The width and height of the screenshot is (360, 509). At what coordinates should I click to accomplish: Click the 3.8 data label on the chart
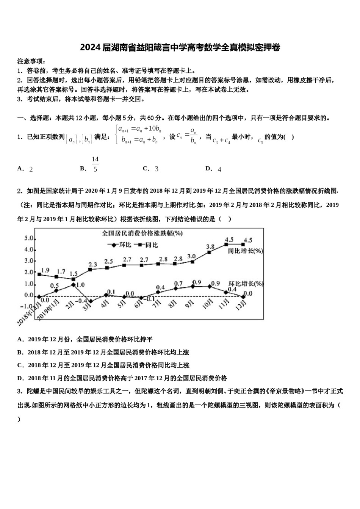[x=210, y=247]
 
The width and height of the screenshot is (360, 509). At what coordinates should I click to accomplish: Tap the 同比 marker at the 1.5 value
[x=73, y=279]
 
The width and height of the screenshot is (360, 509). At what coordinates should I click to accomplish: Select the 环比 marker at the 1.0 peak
[x=73, y=284]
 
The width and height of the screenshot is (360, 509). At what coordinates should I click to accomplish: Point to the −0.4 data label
[x=81, y=301]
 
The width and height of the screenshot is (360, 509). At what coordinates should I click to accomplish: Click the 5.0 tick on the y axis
[x=29, y=238]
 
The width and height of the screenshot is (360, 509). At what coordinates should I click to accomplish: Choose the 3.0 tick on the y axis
[x=29, y=261]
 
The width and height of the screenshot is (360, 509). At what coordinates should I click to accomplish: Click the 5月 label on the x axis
[x=122, y=304]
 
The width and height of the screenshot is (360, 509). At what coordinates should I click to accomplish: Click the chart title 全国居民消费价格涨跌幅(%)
[x=142, y=233]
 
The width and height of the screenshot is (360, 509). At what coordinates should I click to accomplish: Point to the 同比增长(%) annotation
[x=245, y=251]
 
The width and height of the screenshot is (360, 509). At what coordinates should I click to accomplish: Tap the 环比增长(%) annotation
[x=246, y=283]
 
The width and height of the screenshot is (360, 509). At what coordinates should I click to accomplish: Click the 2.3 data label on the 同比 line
[x=93, y=264]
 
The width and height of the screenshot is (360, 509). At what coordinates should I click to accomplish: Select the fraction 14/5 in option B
[x=95, y=164]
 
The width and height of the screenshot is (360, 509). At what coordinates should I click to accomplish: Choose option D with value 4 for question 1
[x=214, y=169]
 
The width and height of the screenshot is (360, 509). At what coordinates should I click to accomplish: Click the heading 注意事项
[x=31, y=61]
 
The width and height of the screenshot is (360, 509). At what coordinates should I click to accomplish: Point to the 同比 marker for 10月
[x=209, y=252]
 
